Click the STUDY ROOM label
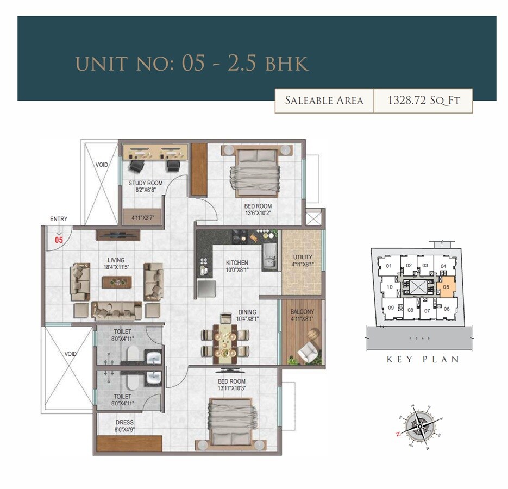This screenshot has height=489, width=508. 145,183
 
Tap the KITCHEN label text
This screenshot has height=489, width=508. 237,262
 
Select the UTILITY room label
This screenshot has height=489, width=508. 303,257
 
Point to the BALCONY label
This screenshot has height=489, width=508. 302,311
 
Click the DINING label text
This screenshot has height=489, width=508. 247,312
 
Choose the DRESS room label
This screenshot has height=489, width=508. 124,422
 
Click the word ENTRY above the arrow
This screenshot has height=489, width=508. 59,219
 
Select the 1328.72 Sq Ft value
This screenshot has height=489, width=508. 423,101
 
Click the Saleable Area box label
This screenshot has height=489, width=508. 324,101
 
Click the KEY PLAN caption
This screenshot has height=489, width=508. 423,359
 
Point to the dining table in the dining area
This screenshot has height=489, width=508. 225,342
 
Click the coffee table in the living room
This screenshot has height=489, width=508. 117,281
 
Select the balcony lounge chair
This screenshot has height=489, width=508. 310,353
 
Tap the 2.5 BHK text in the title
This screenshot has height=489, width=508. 268,64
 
